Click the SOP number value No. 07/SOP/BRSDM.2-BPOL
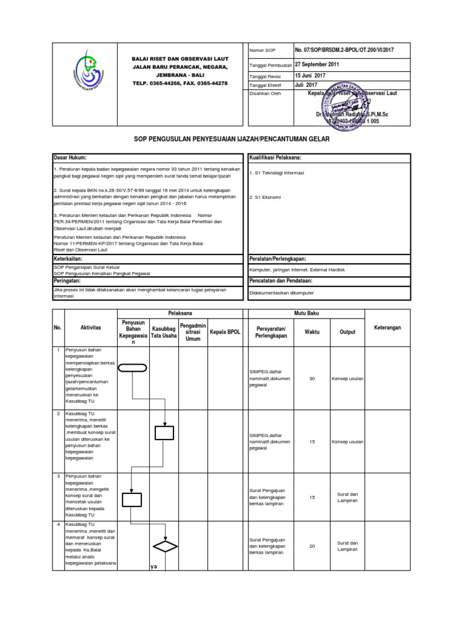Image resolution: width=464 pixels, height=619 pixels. pyautogui.click(x=343, y=50)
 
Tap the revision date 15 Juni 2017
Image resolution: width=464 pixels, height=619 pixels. pyautogui.click(x=310, y=75)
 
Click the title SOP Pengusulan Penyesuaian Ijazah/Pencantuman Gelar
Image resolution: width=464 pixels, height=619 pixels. pyautogui.click(x=231, y=140)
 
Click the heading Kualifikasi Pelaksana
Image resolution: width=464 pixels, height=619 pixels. pyautogui.click(x=275, y=158)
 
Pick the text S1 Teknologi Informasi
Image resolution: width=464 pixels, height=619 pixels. pyautogui.click(x=277, y=172)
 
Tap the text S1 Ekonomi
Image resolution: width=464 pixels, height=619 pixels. pyautogui.click(x=265, y=197)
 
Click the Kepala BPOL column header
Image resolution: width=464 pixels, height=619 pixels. pyautogui.click(x=225, y=332)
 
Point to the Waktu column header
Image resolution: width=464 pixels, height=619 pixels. pyautogui.click(x=312, y=332)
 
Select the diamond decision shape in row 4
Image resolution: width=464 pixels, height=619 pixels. pyautogui.click(x=164, y=546)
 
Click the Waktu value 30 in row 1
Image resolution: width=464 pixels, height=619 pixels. pyautogui.click(x=312, y=378)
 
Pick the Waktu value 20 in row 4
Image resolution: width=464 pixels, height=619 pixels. pyautogui.click(x=312, y=546)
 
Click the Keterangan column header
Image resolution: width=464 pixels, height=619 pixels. pyautogui.click(x=387, y=327)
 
